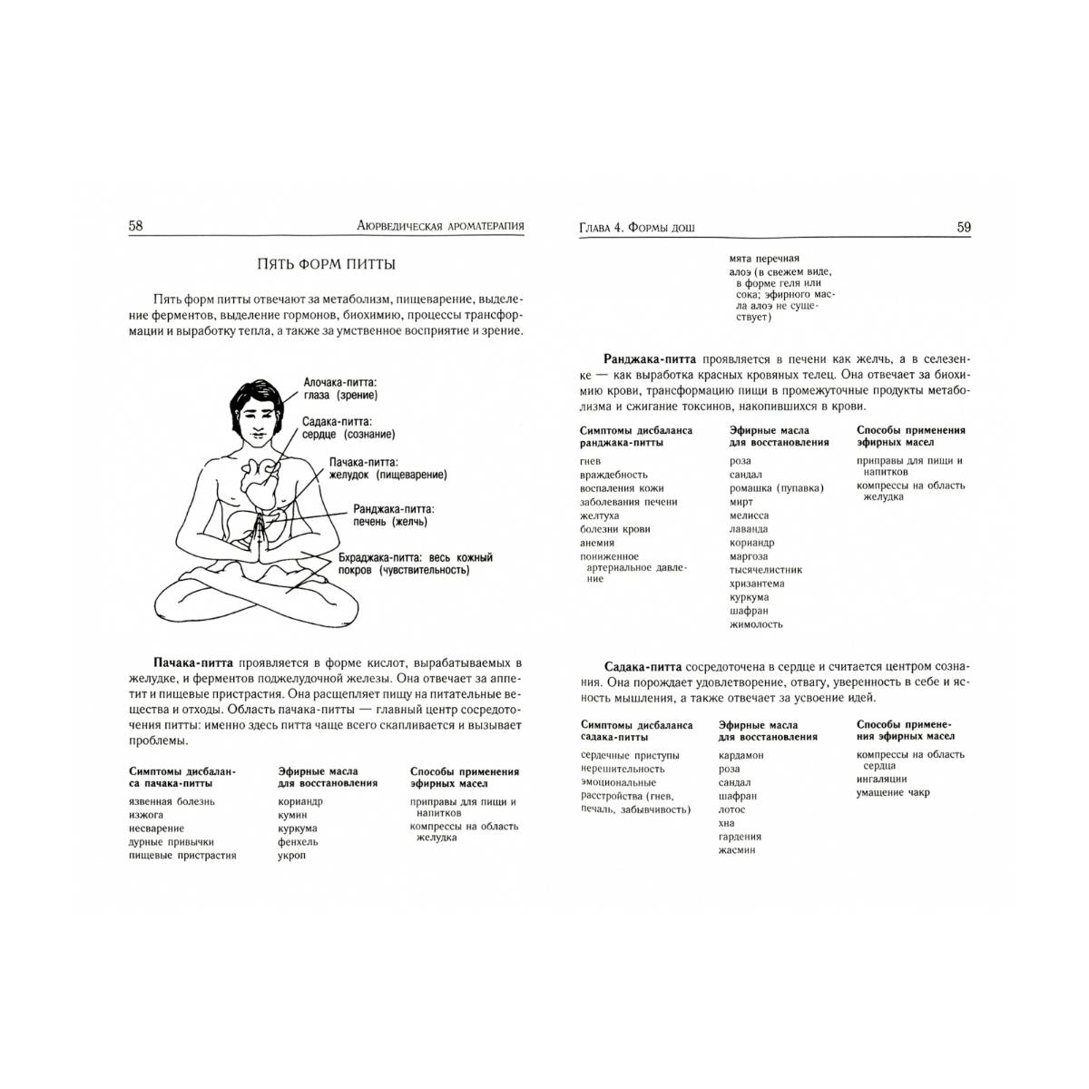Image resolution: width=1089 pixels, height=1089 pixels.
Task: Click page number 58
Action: pos(135,226)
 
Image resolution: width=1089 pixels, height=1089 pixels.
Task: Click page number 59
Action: pos(964,227)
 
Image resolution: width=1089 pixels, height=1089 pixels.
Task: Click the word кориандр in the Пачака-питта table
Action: pos(300,801)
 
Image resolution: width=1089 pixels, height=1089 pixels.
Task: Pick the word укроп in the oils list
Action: pos(292,856)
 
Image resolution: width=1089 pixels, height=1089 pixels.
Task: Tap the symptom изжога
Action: pos(145,815)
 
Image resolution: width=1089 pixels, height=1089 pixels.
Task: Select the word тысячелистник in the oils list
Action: pos(766,570)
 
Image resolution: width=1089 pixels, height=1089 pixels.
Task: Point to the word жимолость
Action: pos(756,624)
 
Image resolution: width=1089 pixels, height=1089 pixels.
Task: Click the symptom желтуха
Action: pos(600,515)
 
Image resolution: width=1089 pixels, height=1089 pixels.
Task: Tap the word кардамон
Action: pos(741,755)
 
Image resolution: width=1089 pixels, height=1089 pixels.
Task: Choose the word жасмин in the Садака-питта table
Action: pos(736,850)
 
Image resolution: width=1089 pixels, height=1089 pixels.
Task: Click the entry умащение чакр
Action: pos(893,792)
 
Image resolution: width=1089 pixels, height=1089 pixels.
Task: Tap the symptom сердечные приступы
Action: pos(630,755)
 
